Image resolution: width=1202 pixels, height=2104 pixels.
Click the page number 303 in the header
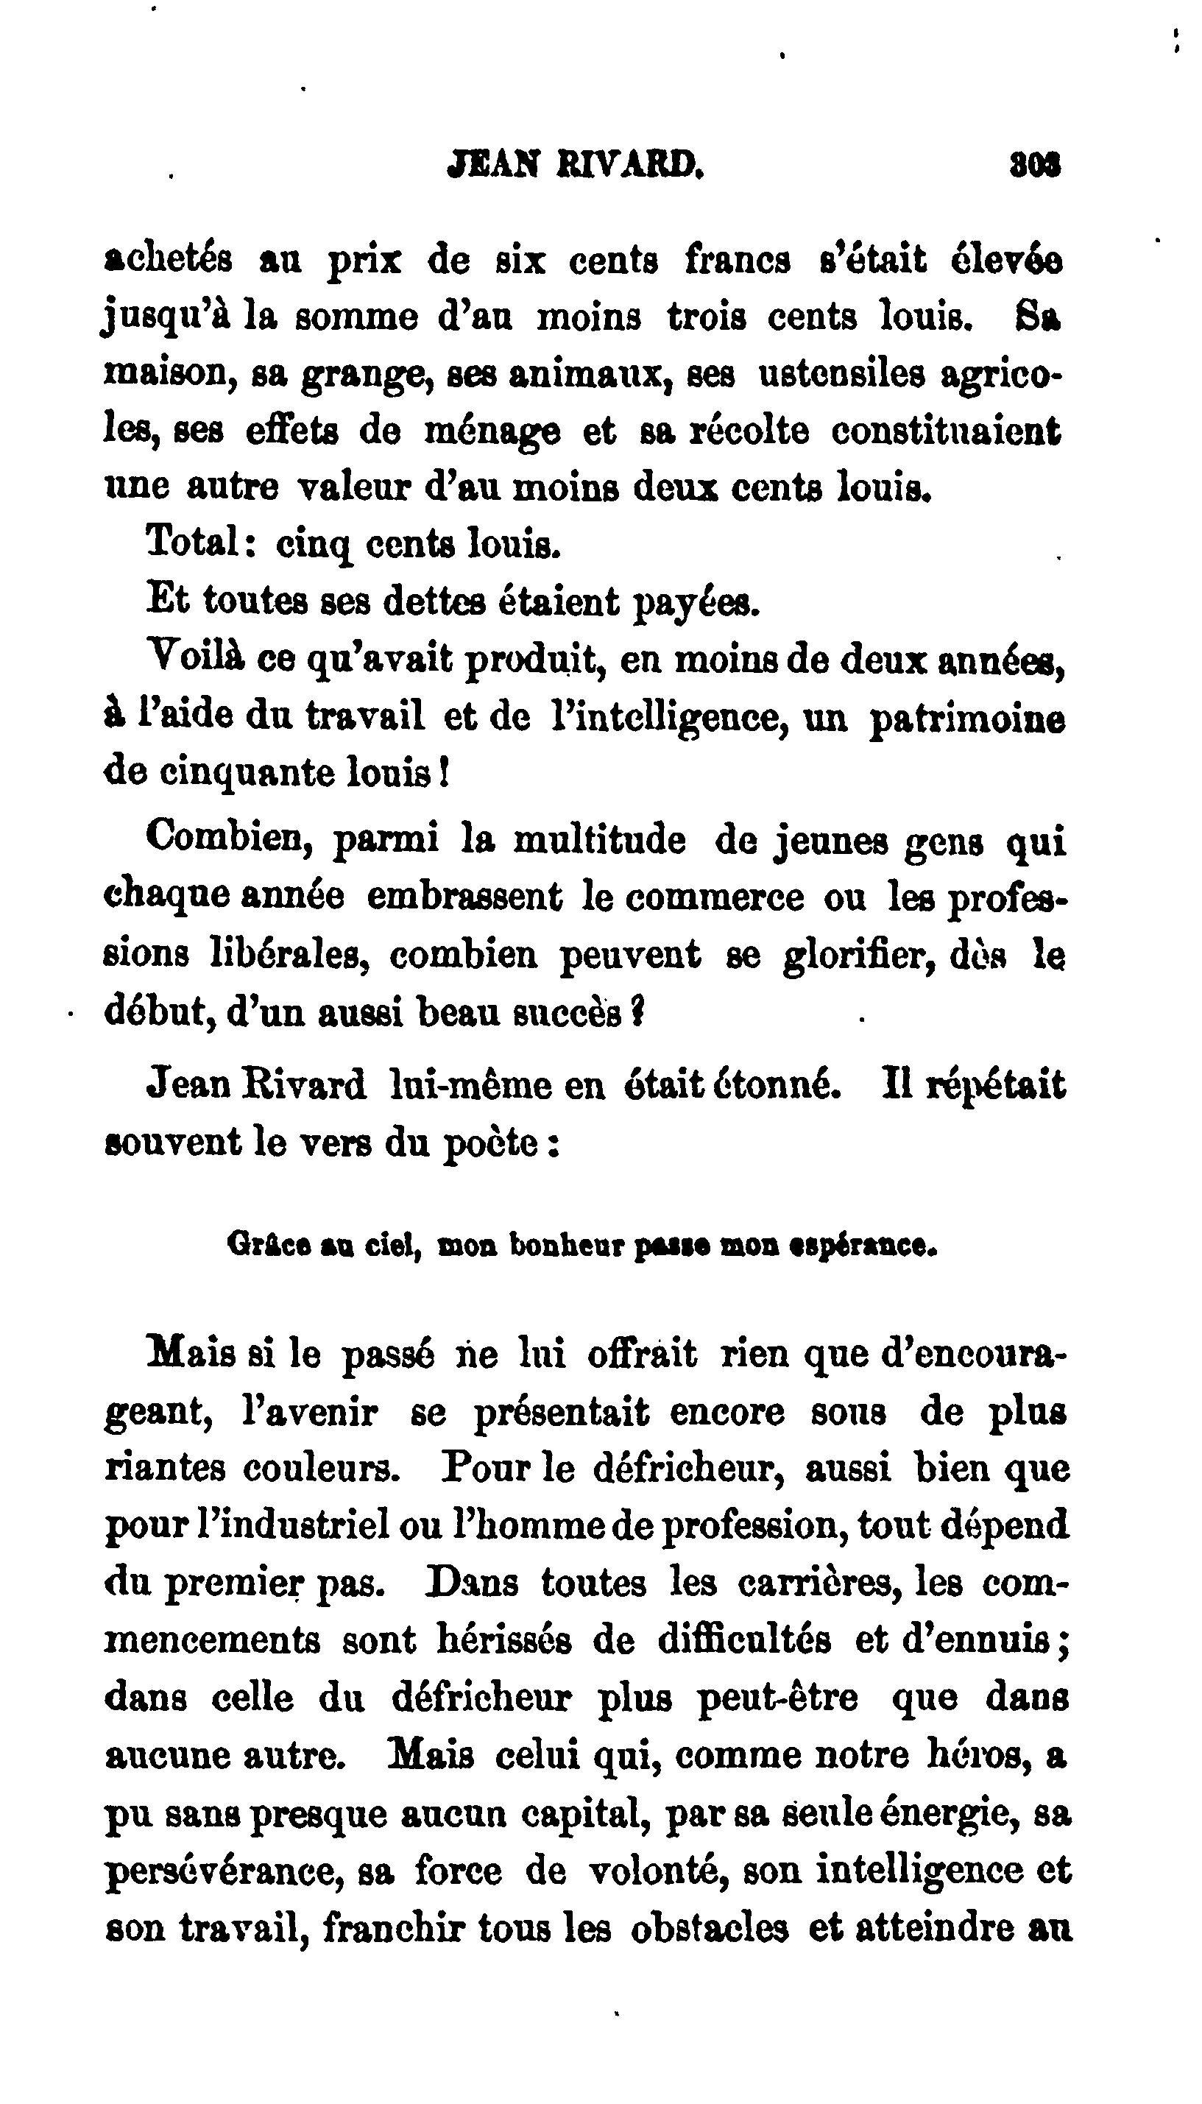(1034, 165)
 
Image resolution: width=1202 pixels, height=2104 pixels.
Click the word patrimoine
(967, 716)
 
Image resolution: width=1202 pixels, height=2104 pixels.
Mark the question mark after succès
(637, 1012)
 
